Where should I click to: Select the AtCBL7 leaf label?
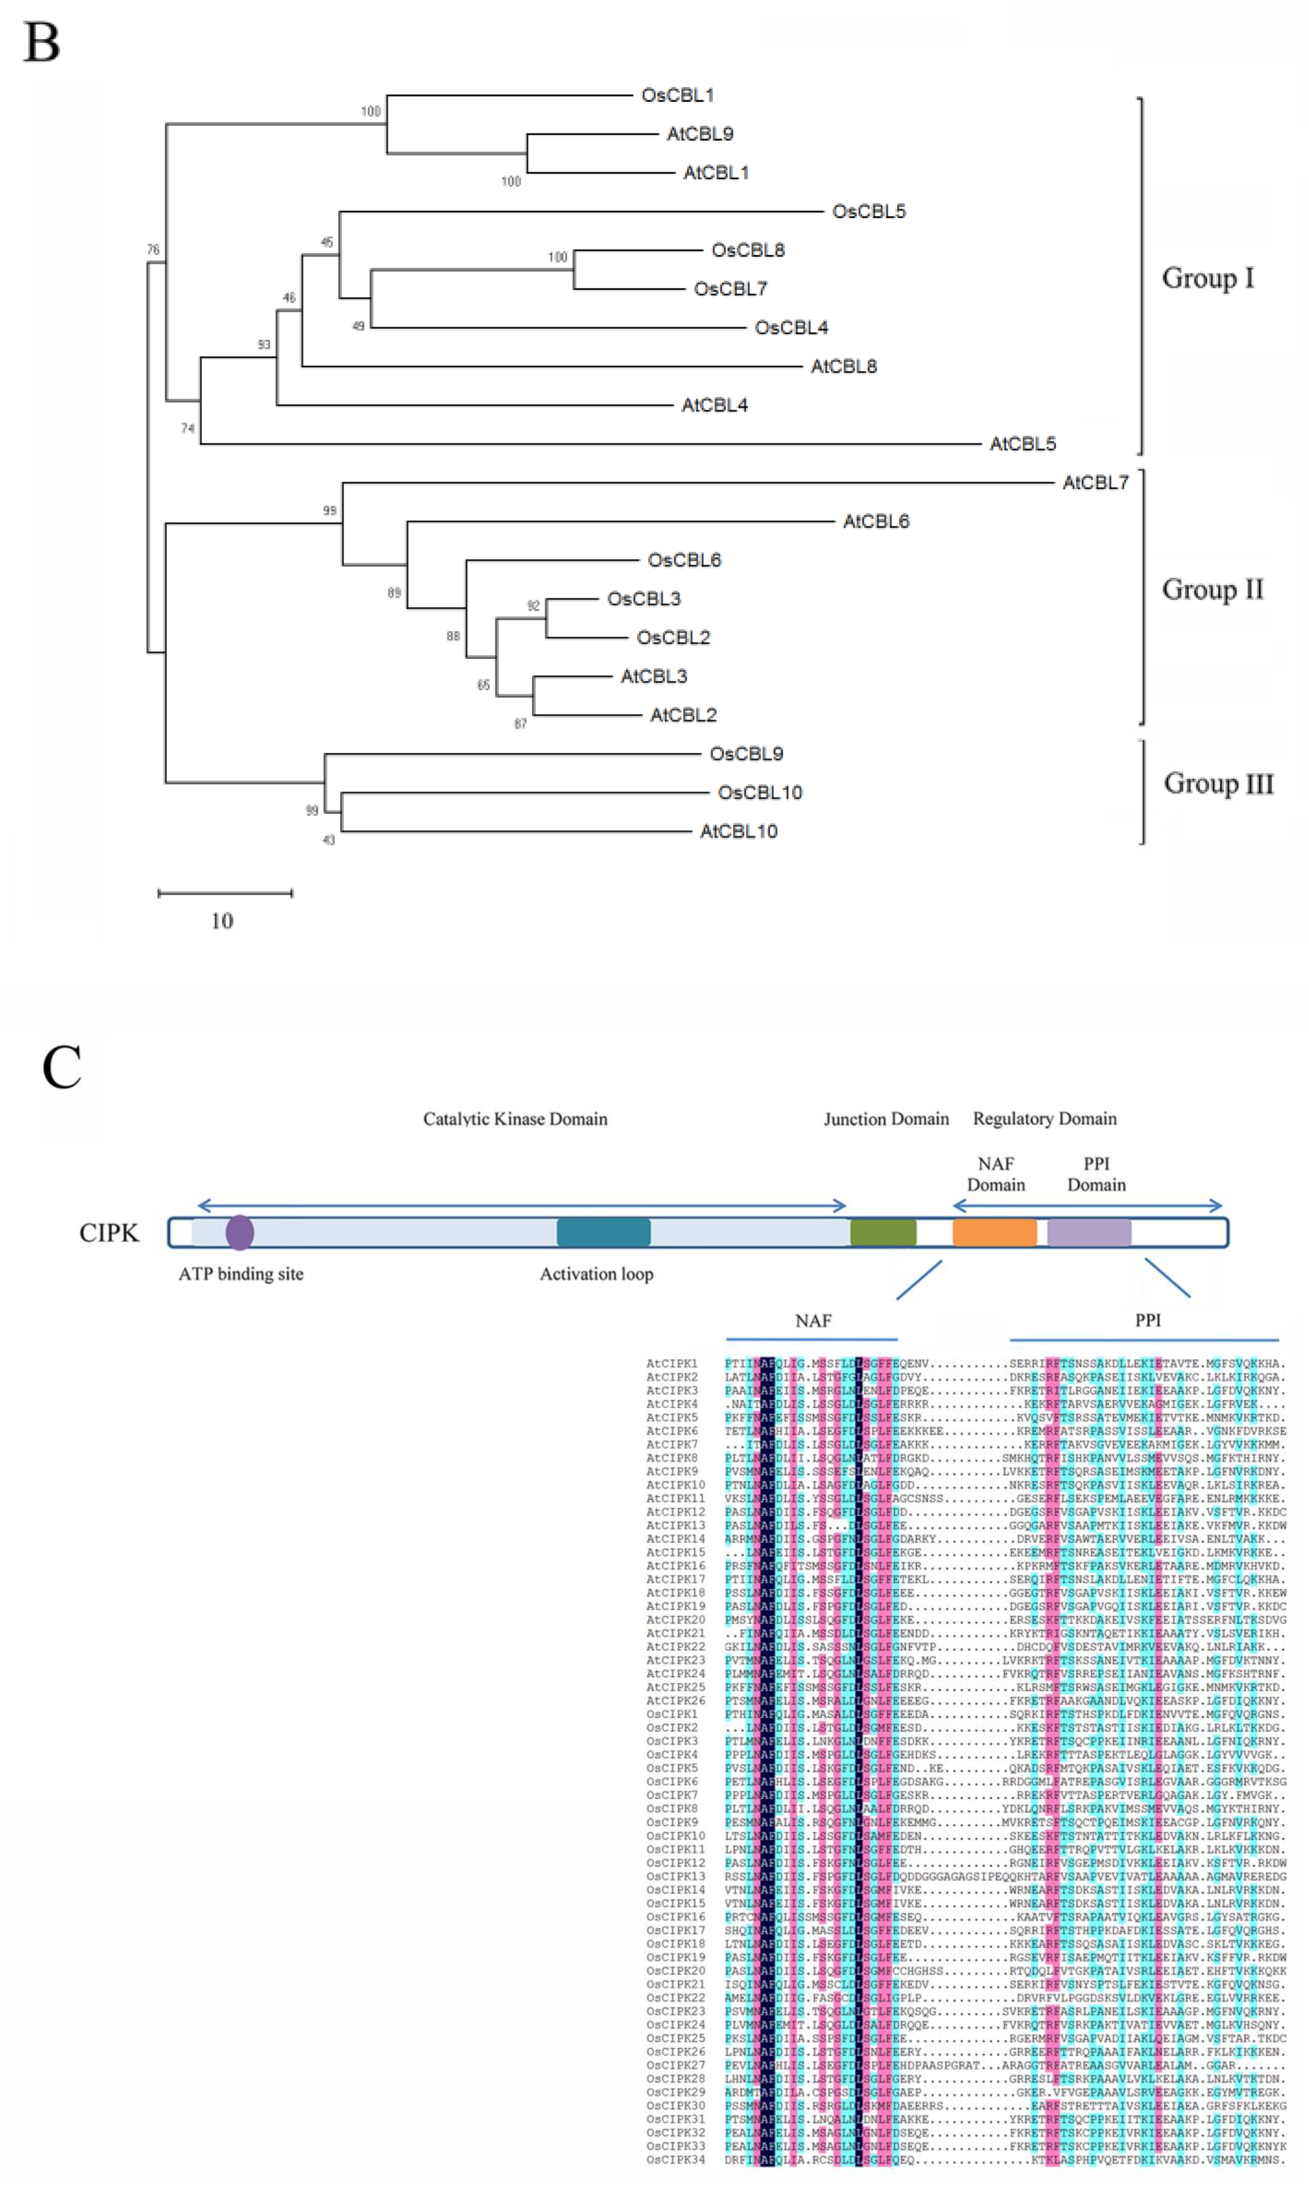click(x=1095, y=483)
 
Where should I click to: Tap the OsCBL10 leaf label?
click(x=760, y=792)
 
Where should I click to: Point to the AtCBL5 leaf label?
click(x=1022, y=444)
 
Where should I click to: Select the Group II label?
click(x=1212, y=589)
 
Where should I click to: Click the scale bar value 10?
click(x=222, y=921)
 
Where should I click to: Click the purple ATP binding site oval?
click(x=240, y=1232)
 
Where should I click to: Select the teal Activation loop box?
click(x=603, y=1232)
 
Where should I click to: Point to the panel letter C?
click(x=62, y=1067)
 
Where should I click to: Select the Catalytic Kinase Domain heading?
click(x=515, y=1118)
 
